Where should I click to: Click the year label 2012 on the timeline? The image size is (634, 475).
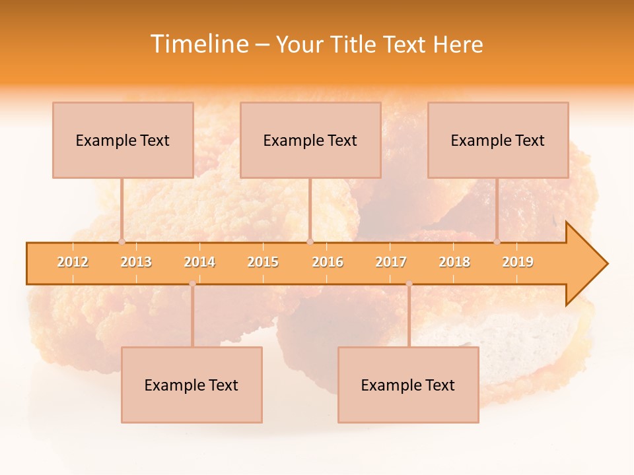tap(73, 262)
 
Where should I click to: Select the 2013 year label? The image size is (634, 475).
tap(136, 262)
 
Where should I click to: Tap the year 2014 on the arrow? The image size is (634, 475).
tap(199, 262)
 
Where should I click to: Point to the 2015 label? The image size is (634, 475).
tap(263, 262)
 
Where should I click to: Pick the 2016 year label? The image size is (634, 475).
tap(328, 262)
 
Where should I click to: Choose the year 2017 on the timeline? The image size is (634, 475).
tap(391, 262)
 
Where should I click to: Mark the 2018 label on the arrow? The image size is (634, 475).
tap(454, 262)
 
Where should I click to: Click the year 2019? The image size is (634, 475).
tap(518, 262)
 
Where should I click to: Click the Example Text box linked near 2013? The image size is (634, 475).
tap(123, 140)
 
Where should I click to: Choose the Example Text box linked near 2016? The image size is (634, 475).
tap(310, 140)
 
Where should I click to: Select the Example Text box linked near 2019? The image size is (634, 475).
tap(498, 140)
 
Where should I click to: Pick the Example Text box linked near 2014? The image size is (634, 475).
tap(192, 385)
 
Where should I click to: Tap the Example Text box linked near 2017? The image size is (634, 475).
tap(408, 385)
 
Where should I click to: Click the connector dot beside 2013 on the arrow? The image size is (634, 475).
tap(122, 241)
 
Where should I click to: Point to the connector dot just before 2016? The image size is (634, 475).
tap(310, 241)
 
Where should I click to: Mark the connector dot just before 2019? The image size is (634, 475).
tap(497, 241)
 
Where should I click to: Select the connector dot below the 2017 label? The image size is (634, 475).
tap(409, 284)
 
